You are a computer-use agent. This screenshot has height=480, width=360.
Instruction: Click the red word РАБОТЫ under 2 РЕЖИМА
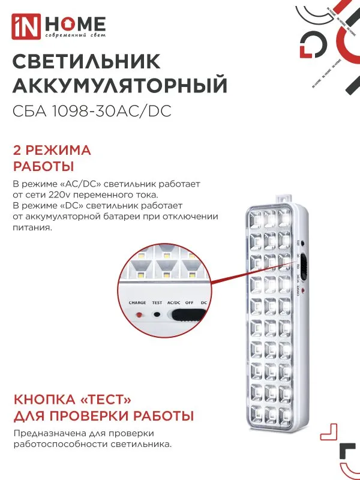(x=43, y=166)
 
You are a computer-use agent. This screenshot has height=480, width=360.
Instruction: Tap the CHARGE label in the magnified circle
(x=137, y=303)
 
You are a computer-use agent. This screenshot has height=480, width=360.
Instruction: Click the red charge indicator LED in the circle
(x=139, y=314)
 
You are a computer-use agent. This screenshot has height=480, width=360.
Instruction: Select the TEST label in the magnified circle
(x=157, y=303)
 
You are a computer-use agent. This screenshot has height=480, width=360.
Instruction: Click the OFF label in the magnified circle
(x=189, y=303)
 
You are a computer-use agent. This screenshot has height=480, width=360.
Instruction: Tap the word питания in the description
(x=31, y=228)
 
